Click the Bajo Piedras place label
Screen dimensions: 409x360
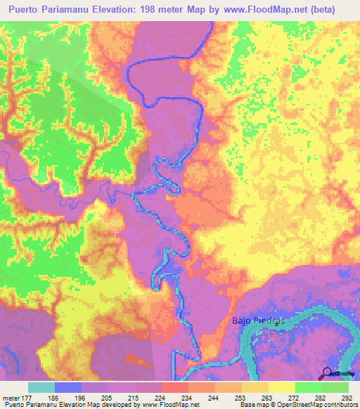(257, 321)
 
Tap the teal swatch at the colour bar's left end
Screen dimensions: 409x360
(41, 388)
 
